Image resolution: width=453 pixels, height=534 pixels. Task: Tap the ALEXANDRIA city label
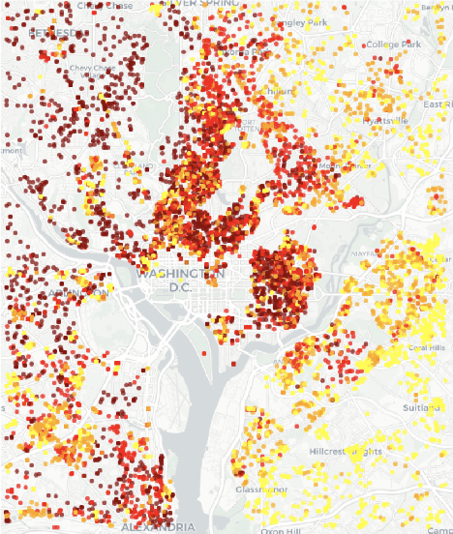pos(157,526)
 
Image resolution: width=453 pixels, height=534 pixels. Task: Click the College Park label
pos(393,44)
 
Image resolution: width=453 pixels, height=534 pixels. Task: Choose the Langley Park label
pos(303,22)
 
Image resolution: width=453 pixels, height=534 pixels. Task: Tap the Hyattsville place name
pos(386,120)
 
